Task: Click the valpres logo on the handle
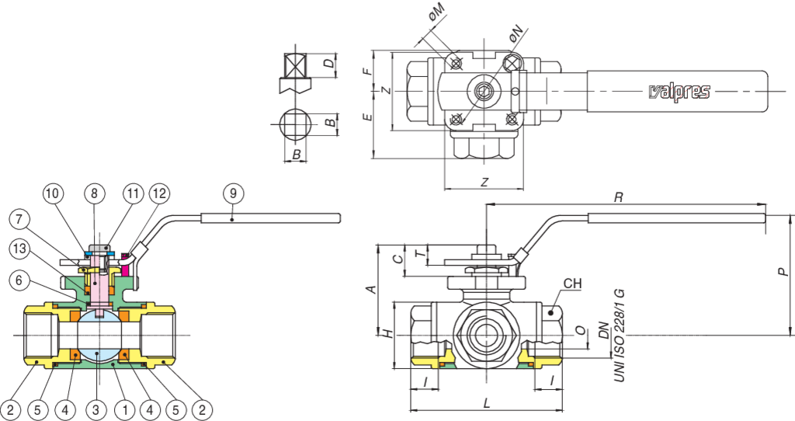point(679,92)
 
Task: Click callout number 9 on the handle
point(233,191)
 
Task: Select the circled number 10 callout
point(51,192)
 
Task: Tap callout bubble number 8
point(93,192)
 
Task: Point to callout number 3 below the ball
point(95,408)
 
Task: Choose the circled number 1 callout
point(123,408)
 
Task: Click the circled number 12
point(158,192)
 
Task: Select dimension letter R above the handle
point(618,198)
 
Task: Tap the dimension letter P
point(783,271)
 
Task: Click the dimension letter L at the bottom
point(486,403)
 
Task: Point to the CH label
point(572,284)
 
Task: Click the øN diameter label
point(516,33)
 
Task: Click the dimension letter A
point(371,289)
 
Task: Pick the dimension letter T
point(419,253)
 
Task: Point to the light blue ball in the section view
point(95,336)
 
